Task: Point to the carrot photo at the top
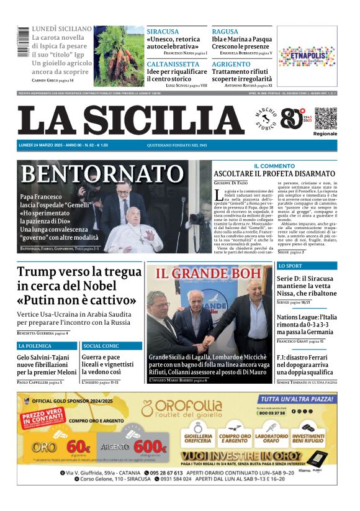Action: [x=119, y=56]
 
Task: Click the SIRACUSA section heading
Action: [x=163, y=31]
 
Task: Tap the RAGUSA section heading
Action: [x=225, y=31]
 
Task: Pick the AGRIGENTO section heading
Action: [x=231, y=64]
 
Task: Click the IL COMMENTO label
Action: [x=274, y=166]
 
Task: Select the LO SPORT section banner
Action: [x=290, y=266]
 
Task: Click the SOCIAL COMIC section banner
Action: [x=101, y=345]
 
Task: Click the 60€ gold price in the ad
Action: [x=78, y=446]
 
